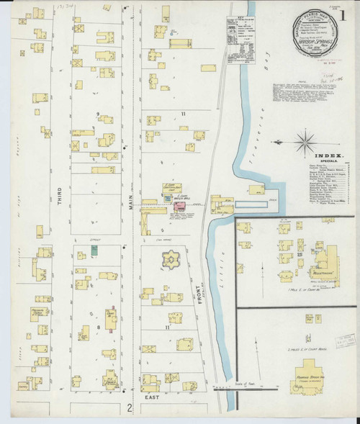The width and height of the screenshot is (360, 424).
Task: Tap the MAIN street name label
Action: [132, 197]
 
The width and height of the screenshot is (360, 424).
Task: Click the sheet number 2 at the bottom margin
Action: [130, 410]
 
